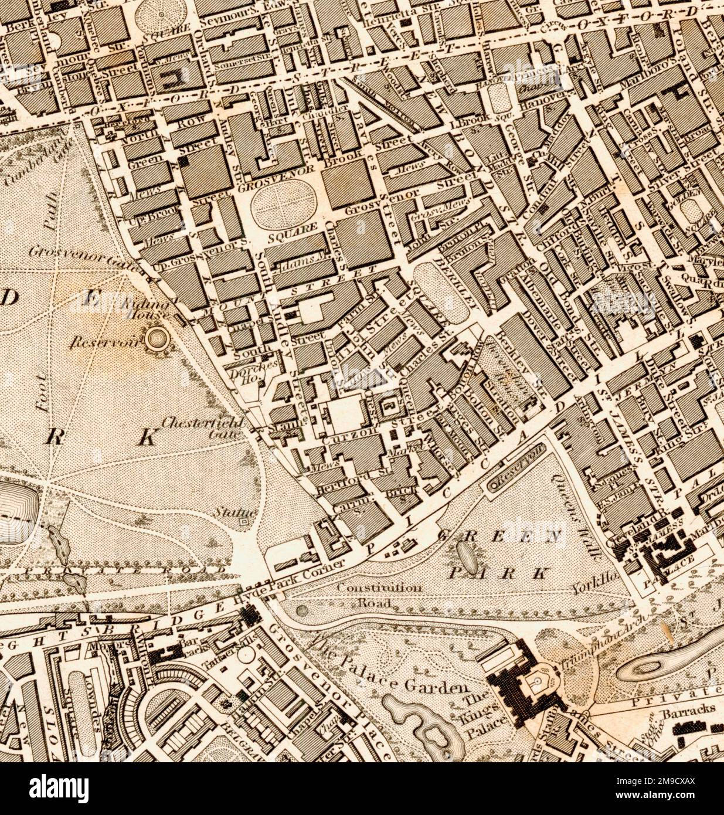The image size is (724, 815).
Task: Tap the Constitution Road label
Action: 380,593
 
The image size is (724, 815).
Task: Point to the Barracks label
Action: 689,709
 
